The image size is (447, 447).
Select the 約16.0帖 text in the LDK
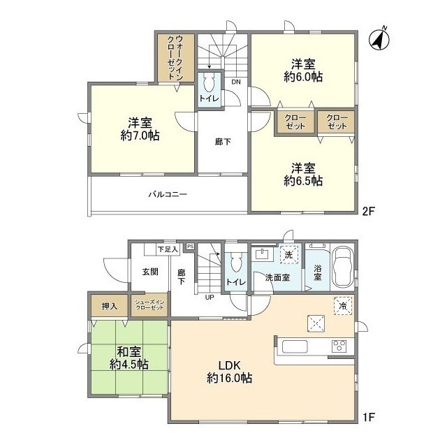(x=229, y=379)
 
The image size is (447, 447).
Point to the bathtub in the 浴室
(x=344, y=268)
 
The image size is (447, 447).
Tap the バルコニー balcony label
(x=167, y=195)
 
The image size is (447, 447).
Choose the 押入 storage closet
(x=110, y=306)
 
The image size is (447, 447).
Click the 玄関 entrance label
(x=150, y=271)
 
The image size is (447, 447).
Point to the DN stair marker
(x=236, y=82)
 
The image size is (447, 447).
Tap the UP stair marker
(x=209, y=296)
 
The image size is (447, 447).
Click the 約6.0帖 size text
(x=302, y=77)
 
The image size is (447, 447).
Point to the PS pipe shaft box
(x=190, y=246)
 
